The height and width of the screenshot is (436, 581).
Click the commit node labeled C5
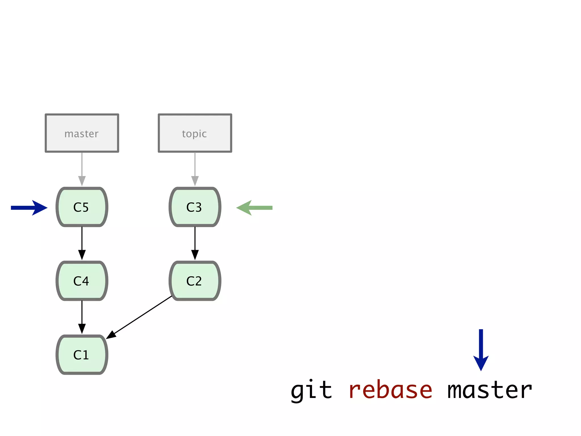click(x=82, y=207)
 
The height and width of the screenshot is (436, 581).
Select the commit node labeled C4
click(x=82, y=281)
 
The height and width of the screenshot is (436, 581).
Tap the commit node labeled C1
click(x=82, y=355)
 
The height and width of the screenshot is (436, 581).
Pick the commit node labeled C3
click(x=195, y=207)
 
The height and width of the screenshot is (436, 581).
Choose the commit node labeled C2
click(x=195, y=281)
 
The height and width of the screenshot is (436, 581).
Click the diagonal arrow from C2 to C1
click(x=139, y=317)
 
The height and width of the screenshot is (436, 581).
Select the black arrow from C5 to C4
click(x=82, y=243)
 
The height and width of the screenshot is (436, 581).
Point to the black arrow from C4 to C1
click(x=82, y=317)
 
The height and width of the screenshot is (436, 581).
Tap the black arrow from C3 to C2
click(x=195, y=243)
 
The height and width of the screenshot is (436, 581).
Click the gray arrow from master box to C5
click(x=82, y=169)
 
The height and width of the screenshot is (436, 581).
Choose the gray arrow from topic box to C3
click(x=195, y=169)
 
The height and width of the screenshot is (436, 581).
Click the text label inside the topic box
click(x=194, y=134)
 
